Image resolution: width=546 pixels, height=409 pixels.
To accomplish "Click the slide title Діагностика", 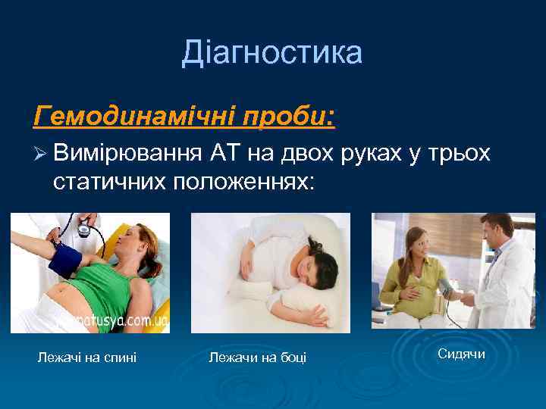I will point(272,53).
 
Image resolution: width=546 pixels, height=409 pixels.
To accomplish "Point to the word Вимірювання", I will point(127,155).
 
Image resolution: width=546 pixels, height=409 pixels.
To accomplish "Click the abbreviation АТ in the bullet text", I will point(226,155).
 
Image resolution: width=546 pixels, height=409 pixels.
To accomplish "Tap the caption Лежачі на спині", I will point(87,357).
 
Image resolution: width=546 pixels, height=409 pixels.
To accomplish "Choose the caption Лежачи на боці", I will point(257,357).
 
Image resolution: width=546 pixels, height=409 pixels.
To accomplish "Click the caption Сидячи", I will point(461,354).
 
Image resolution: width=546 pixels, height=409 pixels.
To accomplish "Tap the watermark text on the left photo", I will point(114,322).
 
